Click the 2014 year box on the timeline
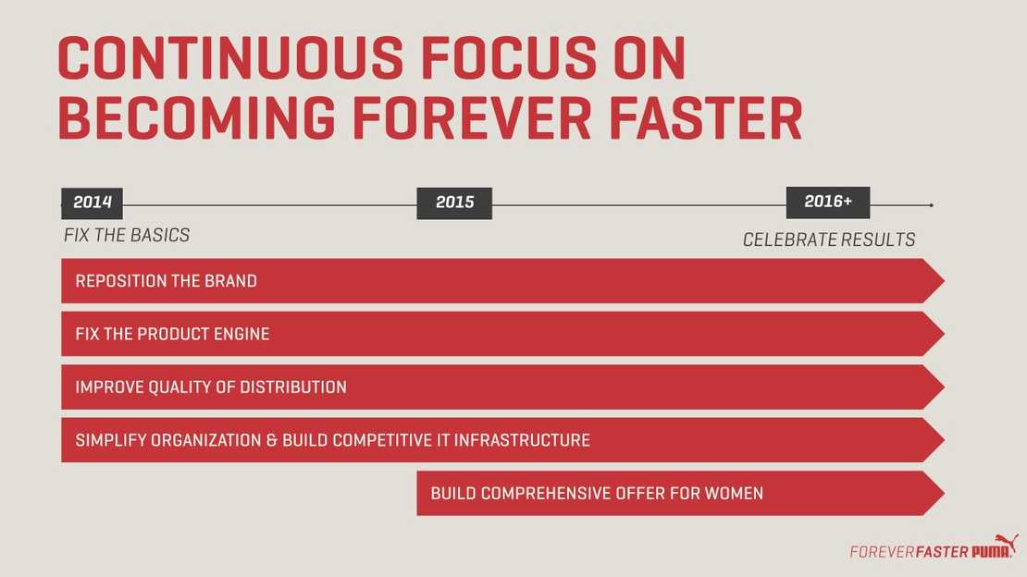[x=92, y=203]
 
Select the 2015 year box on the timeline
[x=454, y=203]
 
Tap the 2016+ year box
[x=828, y=203]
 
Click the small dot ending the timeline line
[x=931, y=205]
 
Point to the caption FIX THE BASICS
[x=127, y=235]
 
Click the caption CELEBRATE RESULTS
[x=829, y=239]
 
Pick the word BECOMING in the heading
[x=196, y=118]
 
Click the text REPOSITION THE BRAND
[x=166, y=281]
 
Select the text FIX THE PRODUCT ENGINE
[x=172, y=334]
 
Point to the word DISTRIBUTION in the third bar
[x=292, y=387]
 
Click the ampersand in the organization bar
[x=272, y=440]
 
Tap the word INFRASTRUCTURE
[x=522, y=440]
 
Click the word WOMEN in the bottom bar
[x=734, y=493]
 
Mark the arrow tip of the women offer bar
[x=944, y=493]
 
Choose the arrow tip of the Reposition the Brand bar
[x=944, y=280]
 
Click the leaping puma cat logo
[x=1006, y=543]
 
